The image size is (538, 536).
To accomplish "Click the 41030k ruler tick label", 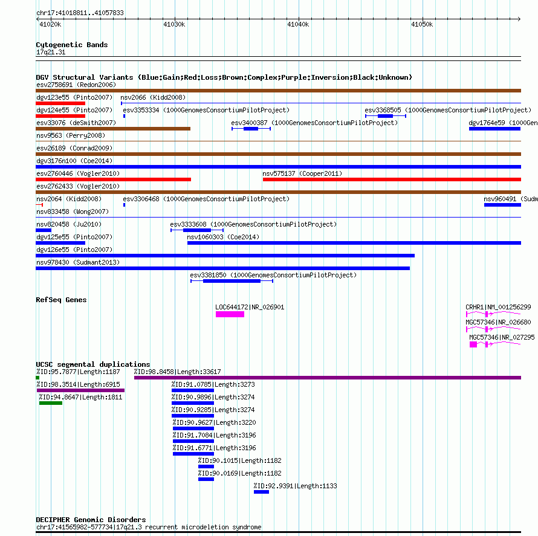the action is (174, 24).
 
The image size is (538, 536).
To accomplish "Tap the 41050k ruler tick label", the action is (422, 24).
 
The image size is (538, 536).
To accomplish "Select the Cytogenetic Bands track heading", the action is (72, 45).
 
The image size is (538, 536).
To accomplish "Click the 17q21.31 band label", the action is (51, 52).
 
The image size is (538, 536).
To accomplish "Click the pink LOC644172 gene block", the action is (230, 314).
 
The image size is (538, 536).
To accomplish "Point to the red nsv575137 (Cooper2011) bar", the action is (392, 179).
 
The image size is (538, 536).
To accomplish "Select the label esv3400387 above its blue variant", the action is (249, 123).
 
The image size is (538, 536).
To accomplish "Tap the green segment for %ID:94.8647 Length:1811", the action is (51, 403).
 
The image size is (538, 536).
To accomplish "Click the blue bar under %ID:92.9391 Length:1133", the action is (262, 492).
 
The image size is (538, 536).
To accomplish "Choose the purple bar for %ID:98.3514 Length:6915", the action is (80, 390).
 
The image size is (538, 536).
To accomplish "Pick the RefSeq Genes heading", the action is (61, 300).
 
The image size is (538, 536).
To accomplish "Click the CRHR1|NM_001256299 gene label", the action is (498, 307).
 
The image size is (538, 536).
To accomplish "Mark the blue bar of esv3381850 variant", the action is (232, 281).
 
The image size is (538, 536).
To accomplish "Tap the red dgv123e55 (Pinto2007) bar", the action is (60, 103).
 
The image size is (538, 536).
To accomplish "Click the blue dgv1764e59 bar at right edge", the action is (494, 129).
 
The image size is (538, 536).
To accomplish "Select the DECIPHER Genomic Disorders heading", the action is (91, 520).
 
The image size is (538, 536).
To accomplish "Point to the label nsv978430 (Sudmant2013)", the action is (78, 262).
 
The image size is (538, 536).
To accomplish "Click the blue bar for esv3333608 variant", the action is (197, 230).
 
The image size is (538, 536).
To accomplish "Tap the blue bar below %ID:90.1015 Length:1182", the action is (206, 467).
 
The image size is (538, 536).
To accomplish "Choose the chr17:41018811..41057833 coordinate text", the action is (80, 13).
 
